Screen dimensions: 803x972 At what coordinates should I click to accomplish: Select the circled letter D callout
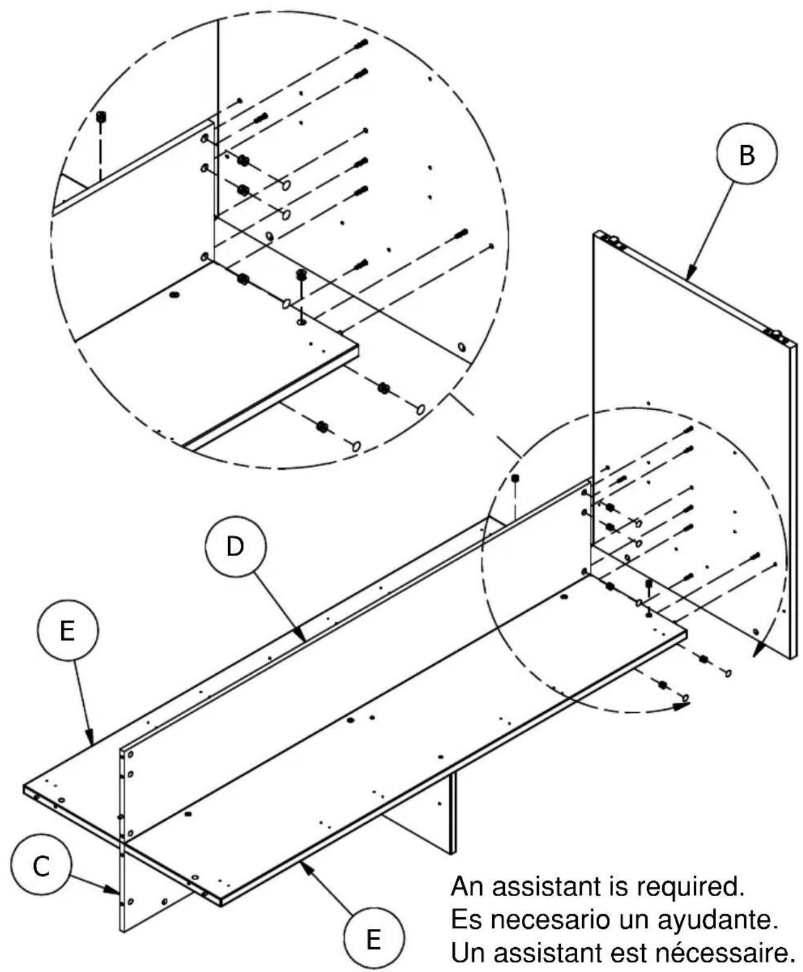point(235,546)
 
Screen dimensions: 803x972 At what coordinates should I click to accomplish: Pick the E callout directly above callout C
point(67,631)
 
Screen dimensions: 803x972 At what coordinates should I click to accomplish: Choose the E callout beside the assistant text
point(373,938)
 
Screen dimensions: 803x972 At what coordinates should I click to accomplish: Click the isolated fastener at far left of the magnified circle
point(101,117)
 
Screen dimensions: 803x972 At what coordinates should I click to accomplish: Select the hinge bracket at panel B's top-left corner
point(614,241)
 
